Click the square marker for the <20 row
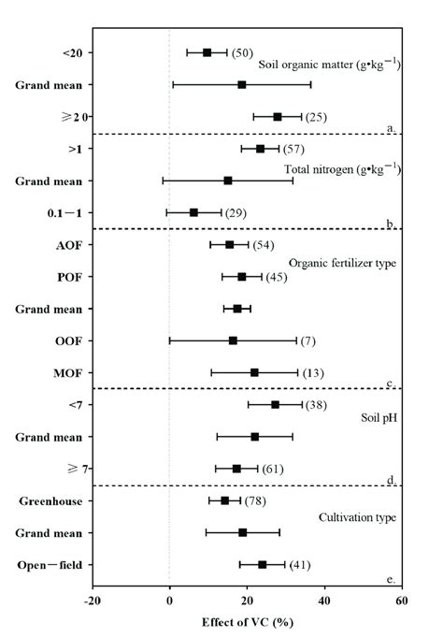pyautogui.click(x=207, y=52)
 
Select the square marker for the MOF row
pyautogui.click(x=254, y=372)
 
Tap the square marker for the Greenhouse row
pyautogui.click(x=225, y=500)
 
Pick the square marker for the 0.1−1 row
pyautogui.click(x=193, y=212)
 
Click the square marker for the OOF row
pyautogui.click(x=233, y=340)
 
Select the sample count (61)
pyautogui.click(x=272, y=469)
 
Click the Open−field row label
pyautogui.click(x=58, y=564)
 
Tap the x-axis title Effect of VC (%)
pyautogui.click(x=246, y=621)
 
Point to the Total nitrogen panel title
pyautogui.click(x=342, y=168)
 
